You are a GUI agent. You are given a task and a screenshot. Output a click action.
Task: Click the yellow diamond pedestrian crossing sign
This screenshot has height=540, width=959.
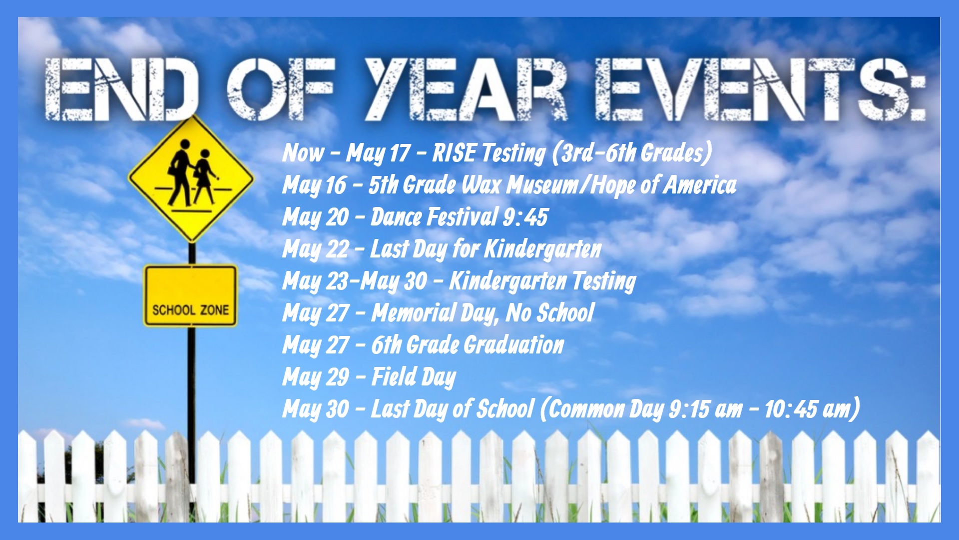191,178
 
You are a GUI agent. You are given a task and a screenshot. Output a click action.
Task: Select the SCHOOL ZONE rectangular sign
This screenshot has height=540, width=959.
190,296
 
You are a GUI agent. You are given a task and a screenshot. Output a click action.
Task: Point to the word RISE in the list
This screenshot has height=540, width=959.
454,152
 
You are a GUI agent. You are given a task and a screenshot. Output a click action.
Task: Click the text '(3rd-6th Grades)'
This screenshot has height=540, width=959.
632,153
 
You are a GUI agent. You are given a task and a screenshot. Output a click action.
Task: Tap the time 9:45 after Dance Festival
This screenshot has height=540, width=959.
525,217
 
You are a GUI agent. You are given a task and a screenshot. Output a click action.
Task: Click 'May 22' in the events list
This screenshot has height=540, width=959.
316,249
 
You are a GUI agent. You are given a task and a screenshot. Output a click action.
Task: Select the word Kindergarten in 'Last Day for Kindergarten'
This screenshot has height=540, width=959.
543,249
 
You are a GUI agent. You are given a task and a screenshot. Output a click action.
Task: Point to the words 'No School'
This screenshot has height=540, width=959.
550,313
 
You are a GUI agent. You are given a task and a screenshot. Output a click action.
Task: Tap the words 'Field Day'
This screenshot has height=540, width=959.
414,377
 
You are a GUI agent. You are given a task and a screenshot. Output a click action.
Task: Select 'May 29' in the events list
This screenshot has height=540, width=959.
316,377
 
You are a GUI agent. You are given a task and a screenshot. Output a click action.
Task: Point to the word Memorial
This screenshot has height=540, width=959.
414,313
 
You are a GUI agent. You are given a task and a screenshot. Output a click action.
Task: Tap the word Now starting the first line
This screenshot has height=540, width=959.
303,152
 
